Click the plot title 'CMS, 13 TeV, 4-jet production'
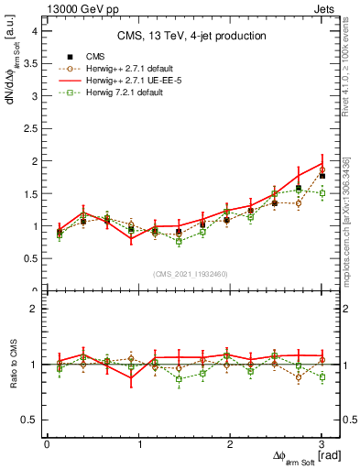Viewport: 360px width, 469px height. click(x=192, y=36)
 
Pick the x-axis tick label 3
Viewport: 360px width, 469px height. click(x=322, y=444)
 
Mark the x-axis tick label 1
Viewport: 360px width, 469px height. click(x=138, y=444)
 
